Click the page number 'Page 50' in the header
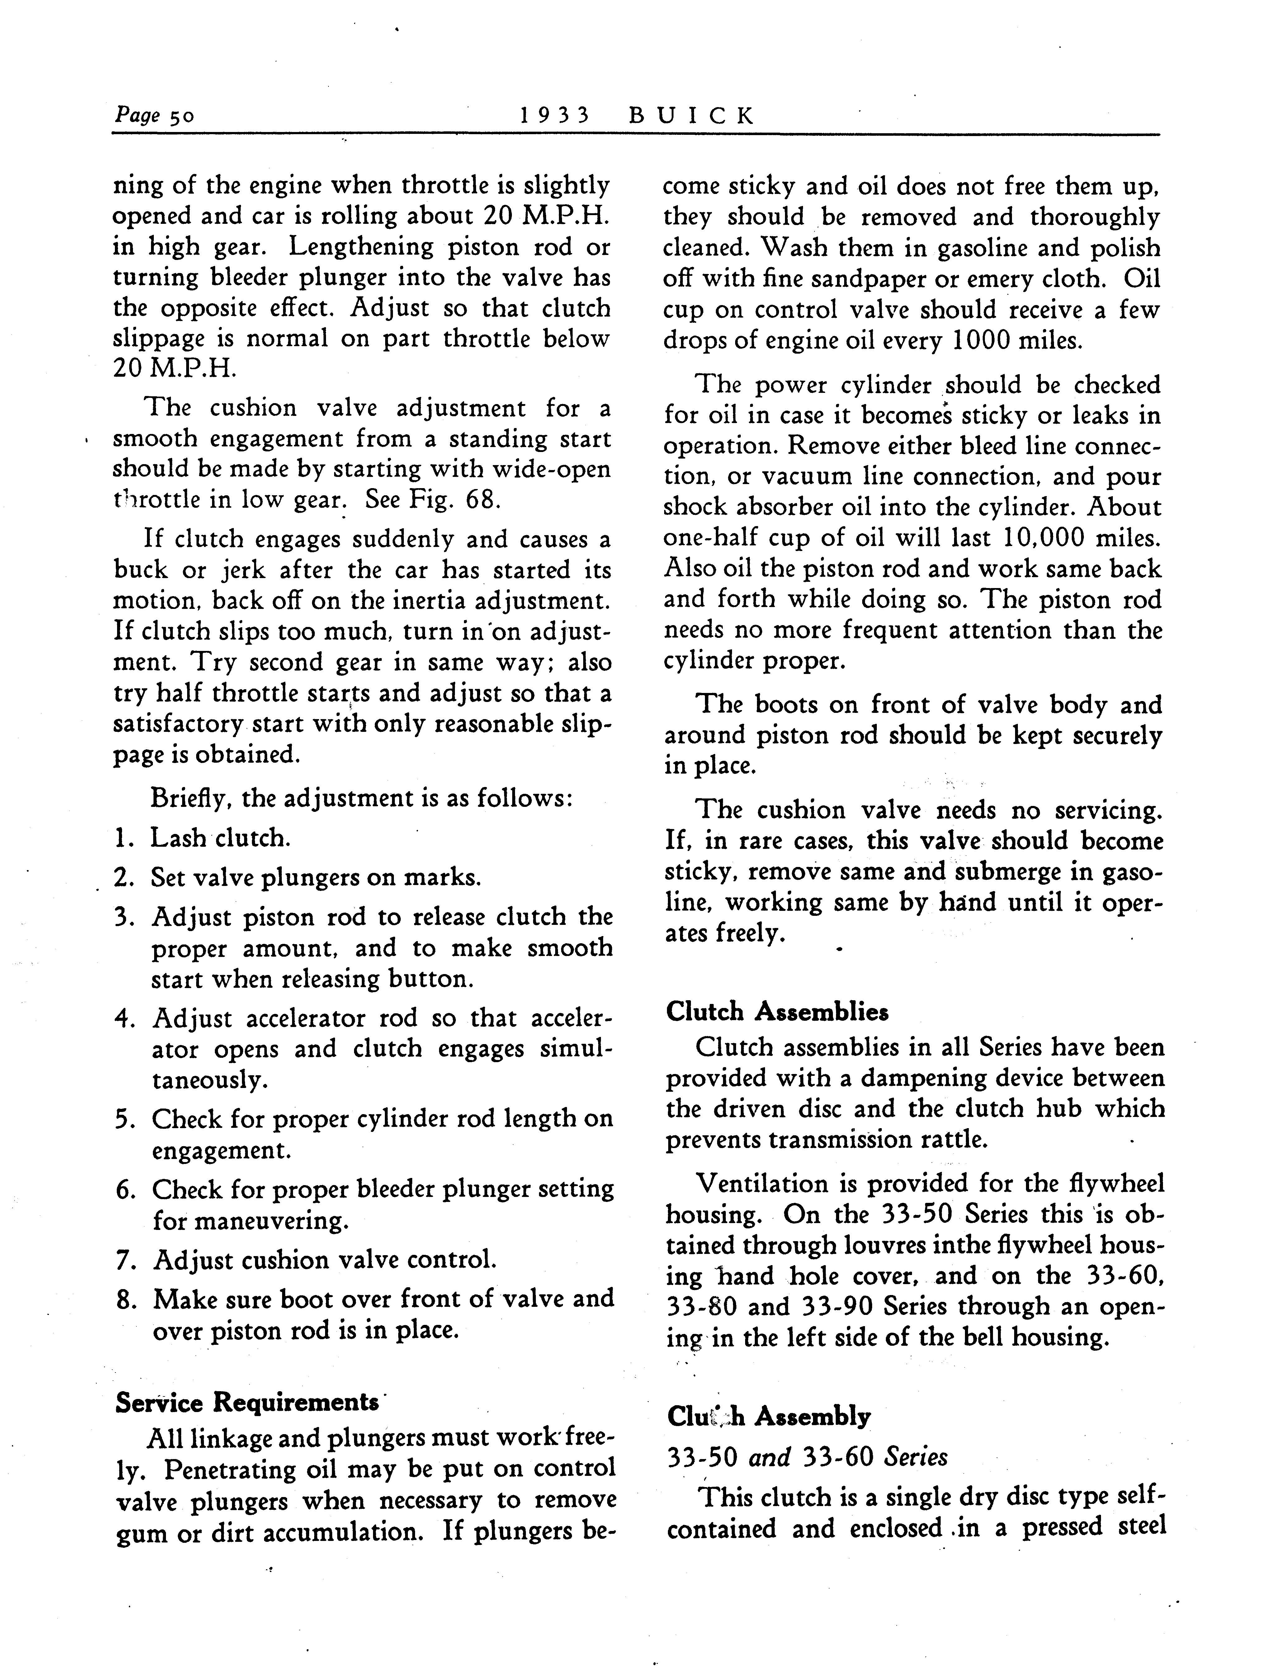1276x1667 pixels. click(154, 115)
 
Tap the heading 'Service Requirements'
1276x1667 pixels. click(247, 1402)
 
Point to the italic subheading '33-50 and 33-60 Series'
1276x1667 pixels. click(807, 1457)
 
